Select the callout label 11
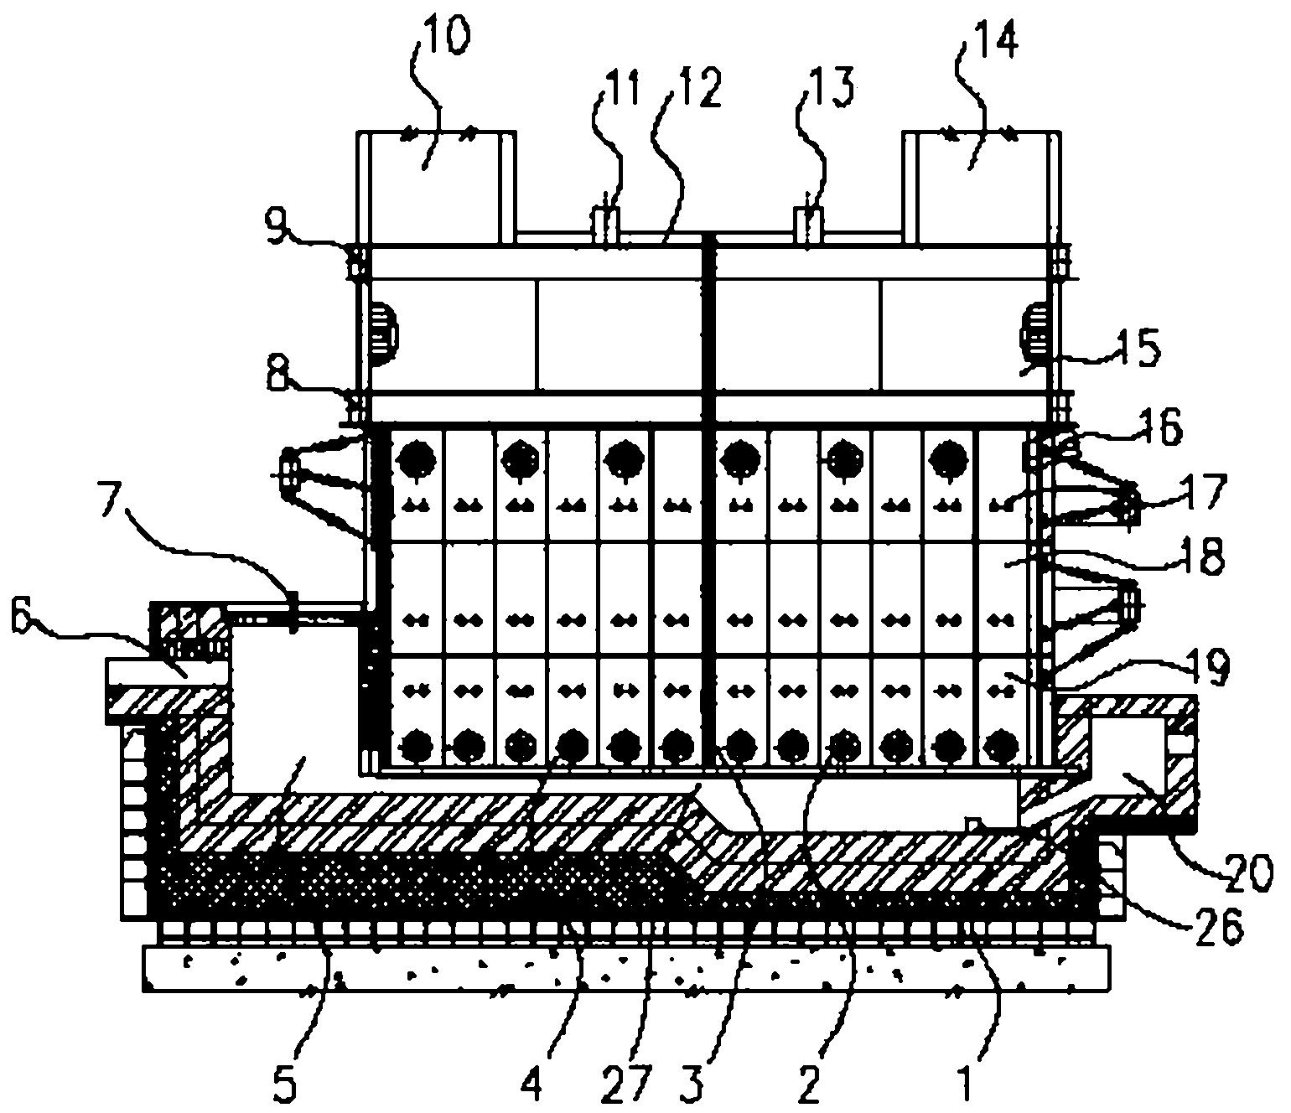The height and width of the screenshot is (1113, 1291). (620, 88)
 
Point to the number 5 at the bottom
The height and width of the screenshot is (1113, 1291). (284, 1086)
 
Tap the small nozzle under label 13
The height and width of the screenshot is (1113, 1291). (808, 221)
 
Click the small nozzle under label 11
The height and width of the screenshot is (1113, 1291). (607, 222)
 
